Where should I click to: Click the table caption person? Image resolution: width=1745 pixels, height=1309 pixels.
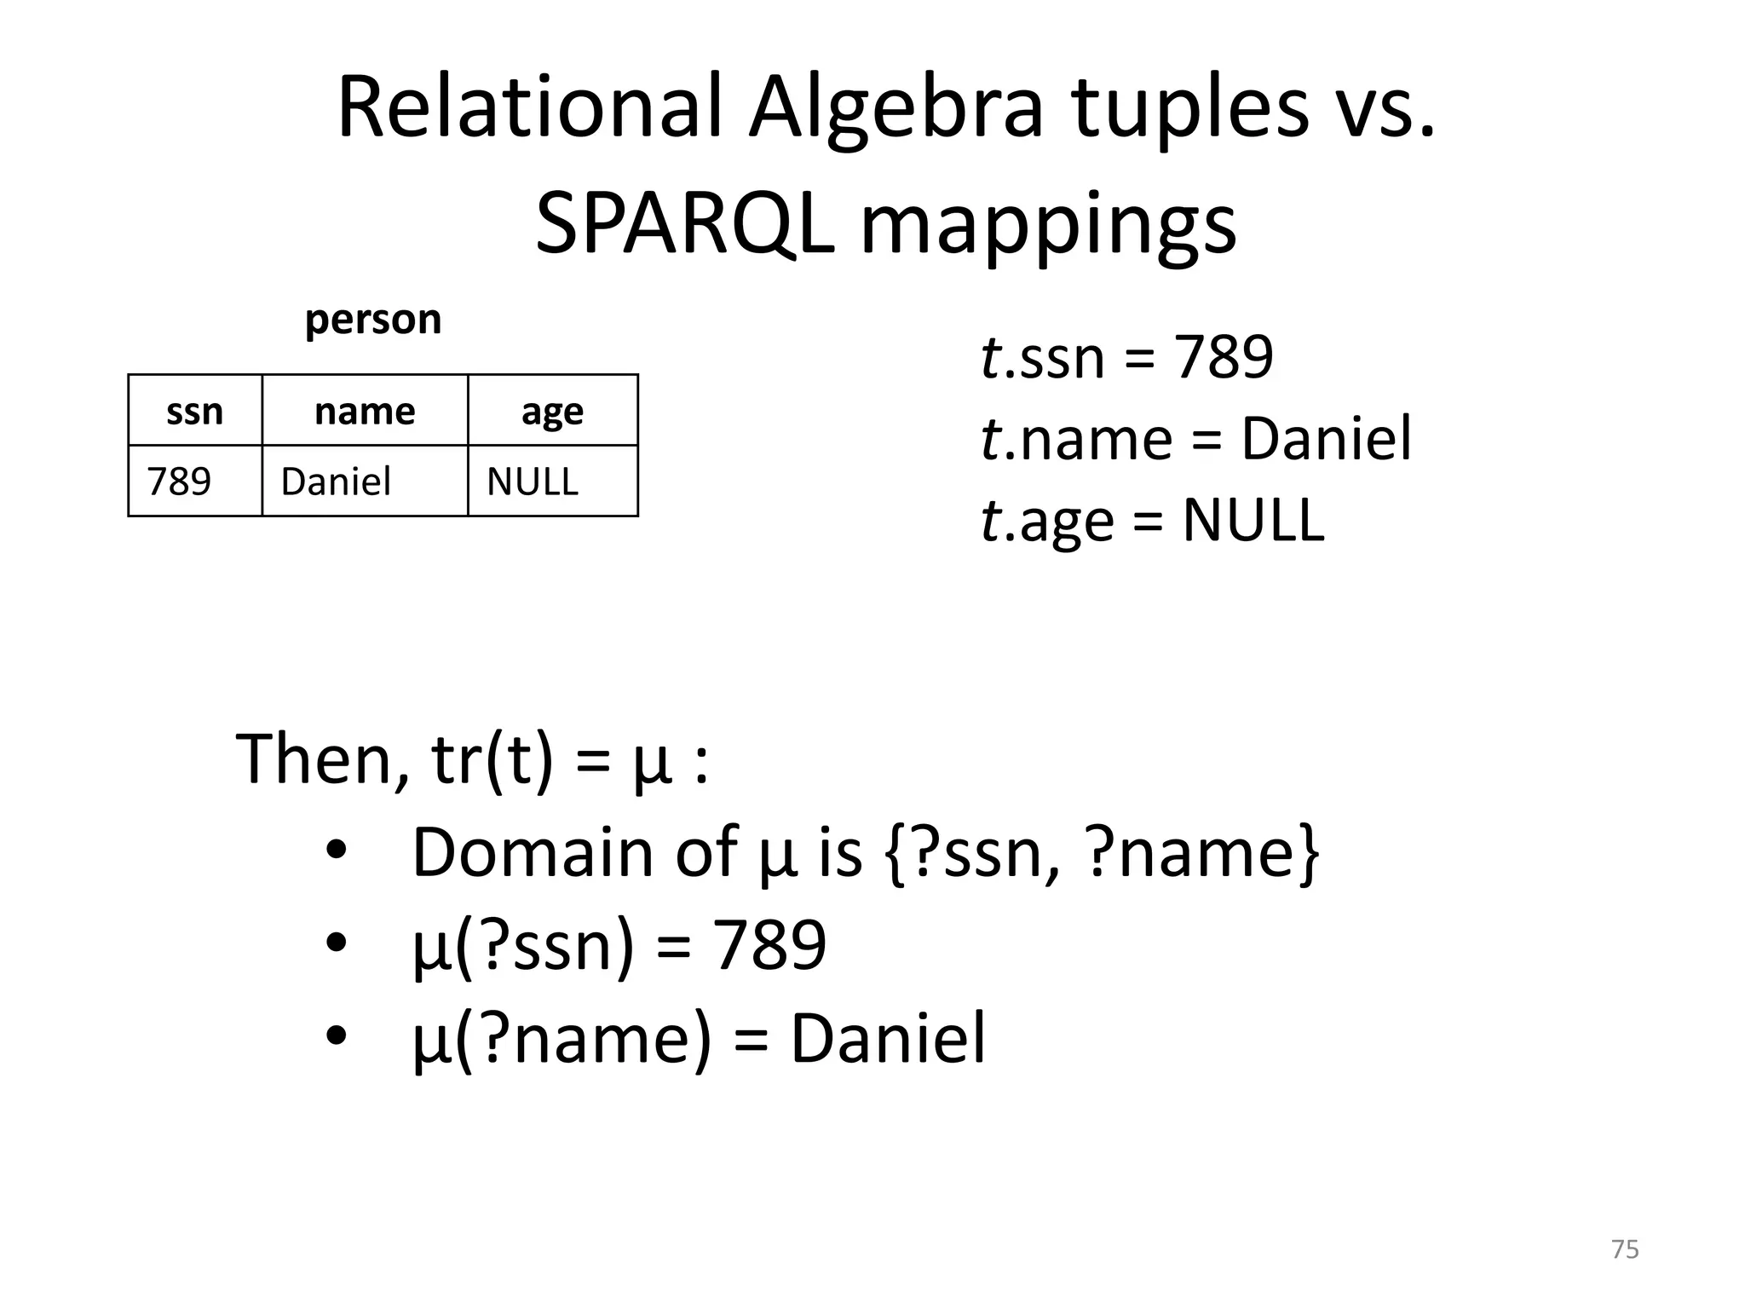[x=373, y=320]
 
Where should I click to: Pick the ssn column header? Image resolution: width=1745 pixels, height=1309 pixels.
[x=194, y=412]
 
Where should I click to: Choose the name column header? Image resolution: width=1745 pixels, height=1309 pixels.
[x=365, y=412]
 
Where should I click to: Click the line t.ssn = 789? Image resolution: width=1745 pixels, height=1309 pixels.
[x=1126, y=357]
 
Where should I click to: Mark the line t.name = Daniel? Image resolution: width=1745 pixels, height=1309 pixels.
[x=1196, y=439]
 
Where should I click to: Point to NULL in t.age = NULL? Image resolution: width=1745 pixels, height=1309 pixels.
[x=1253, y=520]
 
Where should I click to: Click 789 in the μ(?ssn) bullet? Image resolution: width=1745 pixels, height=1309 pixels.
[x=769, y=944]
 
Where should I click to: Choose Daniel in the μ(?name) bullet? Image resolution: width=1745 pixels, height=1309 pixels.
[x=888, y=1037]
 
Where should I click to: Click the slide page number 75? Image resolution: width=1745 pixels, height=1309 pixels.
[x=1625, y=1249]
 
